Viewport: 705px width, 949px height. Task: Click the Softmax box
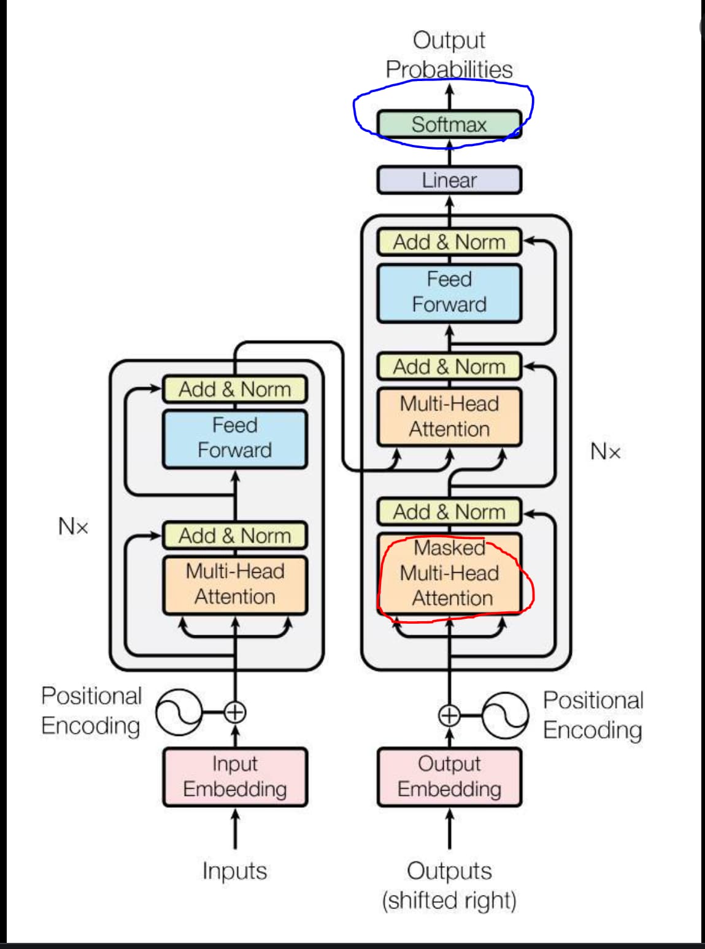(449, 124)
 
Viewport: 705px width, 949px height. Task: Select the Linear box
(449, 180)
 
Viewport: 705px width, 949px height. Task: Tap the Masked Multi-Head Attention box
(449, 573)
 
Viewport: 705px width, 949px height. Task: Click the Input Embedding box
(235, 777)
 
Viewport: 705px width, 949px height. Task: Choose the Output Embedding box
(449, 777)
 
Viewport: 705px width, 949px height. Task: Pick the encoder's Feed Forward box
(235, 438)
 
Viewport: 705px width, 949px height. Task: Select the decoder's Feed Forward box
(449, 293)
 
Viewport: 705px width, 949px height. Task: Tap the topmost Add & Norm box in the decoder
(449, 242)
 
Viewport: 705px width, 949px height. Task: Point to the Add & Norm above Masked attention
(449, 511)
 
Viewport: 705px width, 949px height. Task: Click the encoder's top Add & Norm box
(235, 389)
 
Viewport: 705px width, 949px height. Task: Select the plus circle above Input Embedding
(235, 713)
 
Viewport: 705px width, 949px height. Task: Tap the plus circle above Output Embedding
(449, 715)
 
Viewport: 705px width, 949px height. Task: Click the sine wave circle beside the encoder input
(179, 713)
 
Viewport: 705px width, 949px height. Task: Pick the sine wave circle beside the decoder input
(505, 715)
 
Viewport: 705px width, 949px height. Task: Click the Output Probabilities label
(449, 55)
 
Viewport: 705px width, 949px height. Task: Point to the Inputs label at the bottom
(235, 870)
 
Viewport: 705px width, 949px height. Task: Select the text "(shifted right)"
(449, 900)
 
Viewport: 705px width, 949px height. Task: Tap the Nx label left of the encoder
(73, 526)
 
